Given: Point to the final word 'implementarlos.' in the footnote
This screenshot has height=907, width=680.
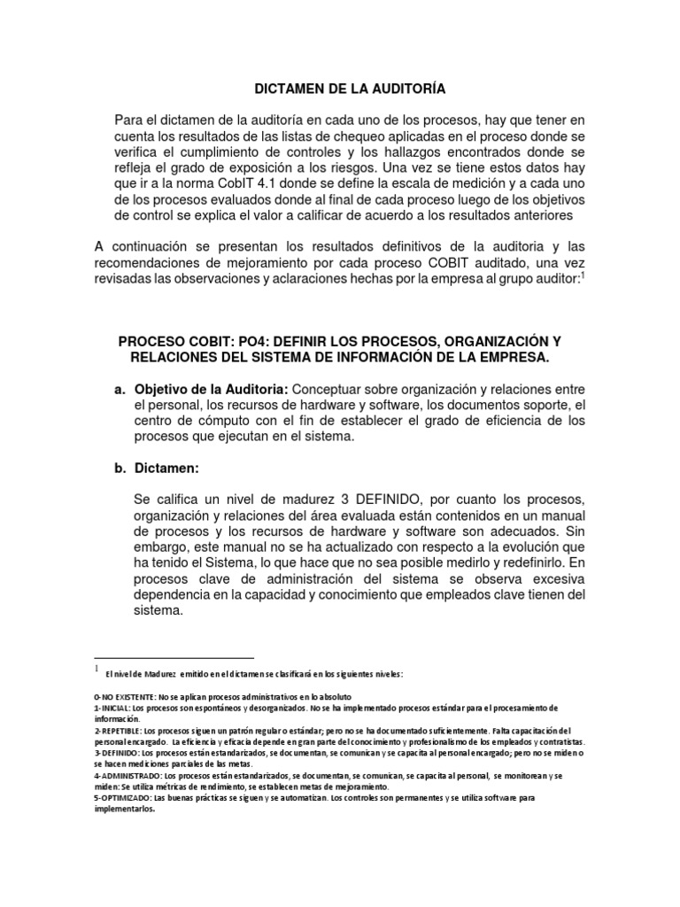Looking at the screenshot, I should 124,808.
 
